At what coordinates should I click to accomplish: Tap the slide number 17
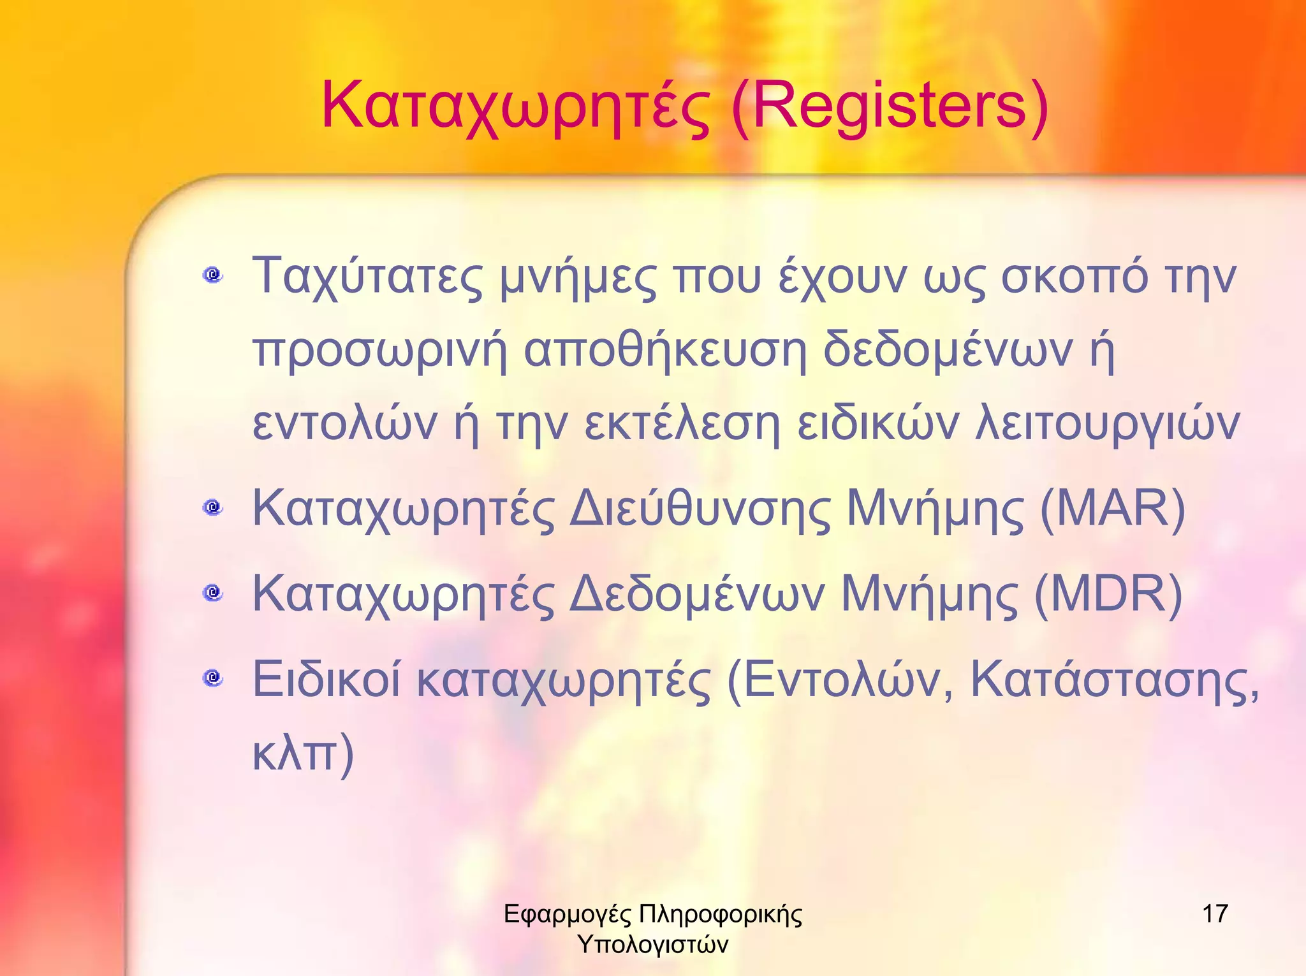pos(1215,914)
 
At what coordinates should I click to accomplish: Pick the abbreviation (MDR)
pos(1108,594)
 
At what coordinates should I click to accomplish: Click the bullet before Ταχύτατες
pos(213,275)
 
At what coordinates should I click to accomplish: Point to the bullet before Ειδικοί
pos(213,678)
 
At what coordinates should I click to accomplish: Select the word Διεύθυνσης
pos(700,510)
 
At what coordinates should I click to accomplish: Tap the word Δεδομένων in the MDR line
pos(697,594)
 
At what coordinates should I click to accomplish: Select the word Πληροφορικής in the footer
pos(720,915)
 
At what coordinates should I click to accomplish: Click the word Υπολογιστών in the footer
pos(652,944)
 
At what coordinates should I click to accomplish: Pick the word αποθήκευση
pos(666,351)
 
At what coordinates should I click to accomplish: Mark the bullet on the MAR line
pos(213,507)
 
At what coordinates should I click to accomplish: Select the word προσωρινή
pos(380,351)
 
